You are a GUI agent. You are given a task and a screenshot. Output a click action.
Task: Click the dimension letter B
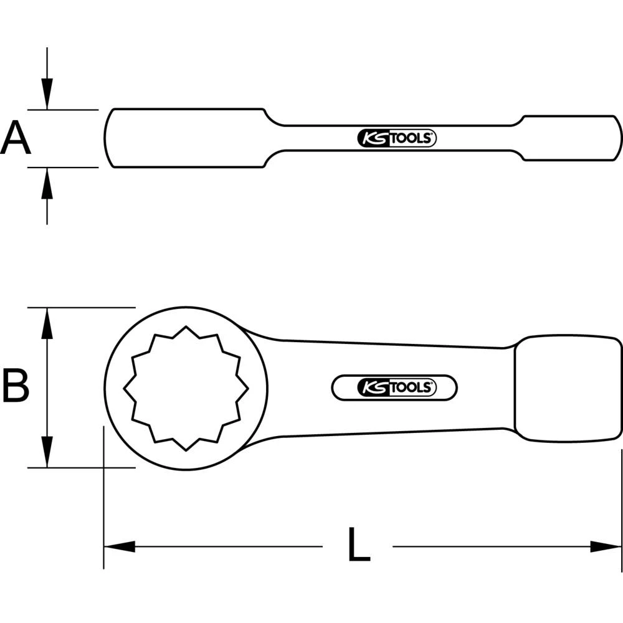pos(16,386)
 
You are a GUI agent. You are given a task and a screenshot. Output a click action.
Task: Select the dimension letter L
pos(358,545)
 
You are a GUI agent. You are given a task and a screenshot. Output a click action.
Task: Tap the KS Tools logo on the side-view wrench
pos(397,138)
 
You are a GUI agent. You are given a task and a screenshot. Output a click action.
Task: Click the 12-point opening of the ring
pos(186,388)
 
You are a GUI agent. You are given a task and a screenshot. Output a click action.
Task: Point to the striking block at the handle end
pos(567,388)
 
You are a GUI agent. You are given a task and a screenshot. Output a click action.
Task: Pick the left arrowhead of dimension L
pos(118,546)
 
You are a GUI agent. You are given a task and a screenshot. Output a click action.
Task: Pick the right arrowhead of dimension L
pos(607,546)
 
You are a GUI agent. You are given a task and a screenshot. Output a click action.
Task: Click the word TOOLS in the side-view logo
pos(412,138)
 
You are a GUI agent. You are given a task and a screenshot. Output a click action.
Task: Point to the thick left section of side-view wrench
pos(187,138)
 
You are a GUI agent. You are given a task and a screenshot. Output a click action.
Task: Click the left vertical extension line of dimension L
pos(103,498)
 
